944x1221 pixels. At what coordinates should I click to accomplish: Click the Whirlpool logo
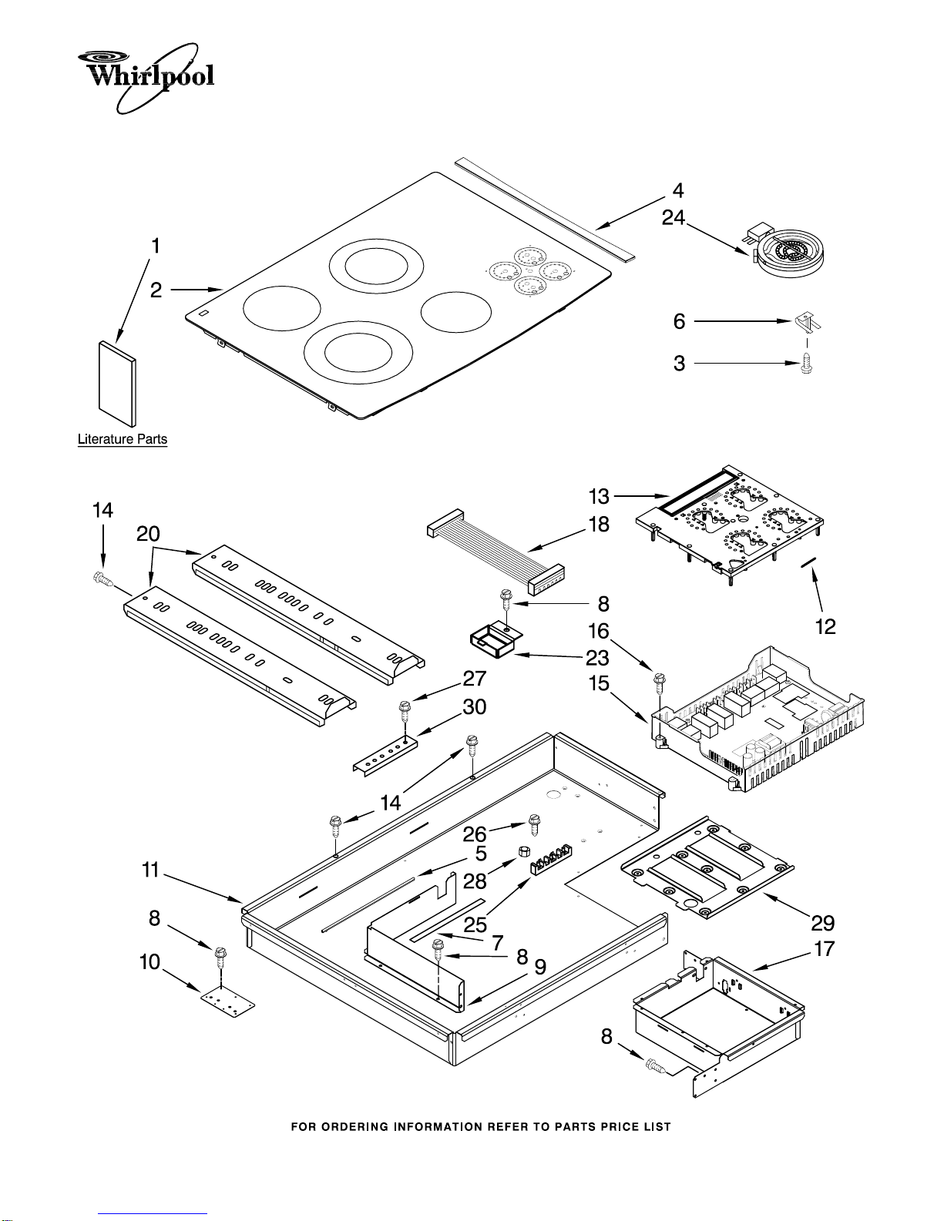(x=146, y=78)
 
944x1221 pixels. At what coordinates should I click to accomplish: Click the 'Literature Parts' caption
(x=123, y=439)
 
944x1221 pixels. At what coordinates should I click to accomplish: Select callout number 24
(x=674, y=217)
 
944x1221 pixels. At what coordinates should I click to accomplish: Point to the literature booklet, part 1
(x=117, y=383)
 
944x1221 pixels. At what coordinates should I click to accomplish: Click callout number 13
(x=599, y=496)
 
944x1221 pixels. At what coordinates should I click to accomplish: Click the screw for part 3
(x=807, y=363)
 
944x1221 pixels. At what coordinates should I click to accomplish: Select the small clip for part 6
(x=808, y=322)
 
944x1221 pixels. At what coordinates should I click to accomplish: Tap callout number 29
(x=823, y=923)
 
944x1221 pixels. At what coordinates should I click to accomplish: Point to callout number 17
(x=825, y=948)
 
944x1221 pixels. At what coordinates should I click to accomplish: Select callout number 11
(x=150, y=870)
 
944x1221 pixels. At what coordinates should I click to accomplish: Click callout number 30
(x=474, y=707)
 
